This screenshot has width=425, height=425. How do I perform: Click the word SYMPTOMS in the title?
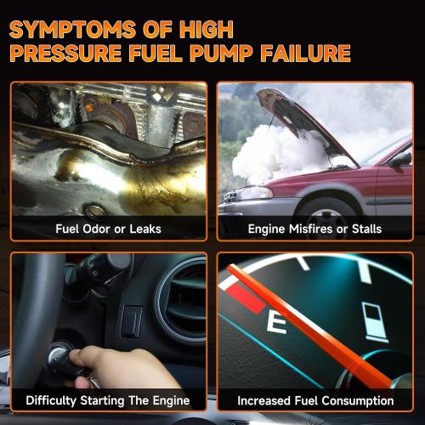pos(72,29)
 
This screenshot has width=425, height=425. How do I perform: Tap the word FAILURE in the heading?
pos(306,53)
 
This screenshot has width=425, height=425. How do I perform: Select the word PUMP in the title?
pos(221,53)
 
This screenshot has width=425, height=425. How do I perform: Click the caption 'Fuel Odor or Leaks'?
pos(108,229)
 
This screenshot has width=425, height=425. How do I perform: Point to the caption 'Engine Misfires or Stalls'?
pos(314,229)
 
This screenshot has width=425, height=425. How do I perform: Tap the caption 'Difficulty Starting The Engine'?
pos(108,400)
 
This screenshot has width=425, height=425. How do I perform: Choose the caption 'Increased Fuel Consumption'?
pos(315,401)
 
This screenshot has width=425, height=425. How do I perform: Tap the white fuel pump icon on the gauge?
pos(375,321)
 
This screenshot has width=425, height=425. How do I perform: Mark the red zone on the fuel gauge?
pos(245,299)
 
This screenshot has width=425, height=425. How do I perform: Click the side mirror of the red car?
pos(402,160)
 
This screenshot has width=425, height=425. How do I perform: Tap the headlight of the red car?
pos(252,193)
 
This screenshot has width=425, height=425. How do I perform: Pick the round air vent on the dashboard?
pos(181,300)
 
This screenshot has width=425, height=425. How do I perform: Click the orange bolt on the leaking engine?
pos(88,108)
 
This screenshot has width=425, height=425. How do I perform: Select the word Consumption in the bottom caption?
pos(358,401)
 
